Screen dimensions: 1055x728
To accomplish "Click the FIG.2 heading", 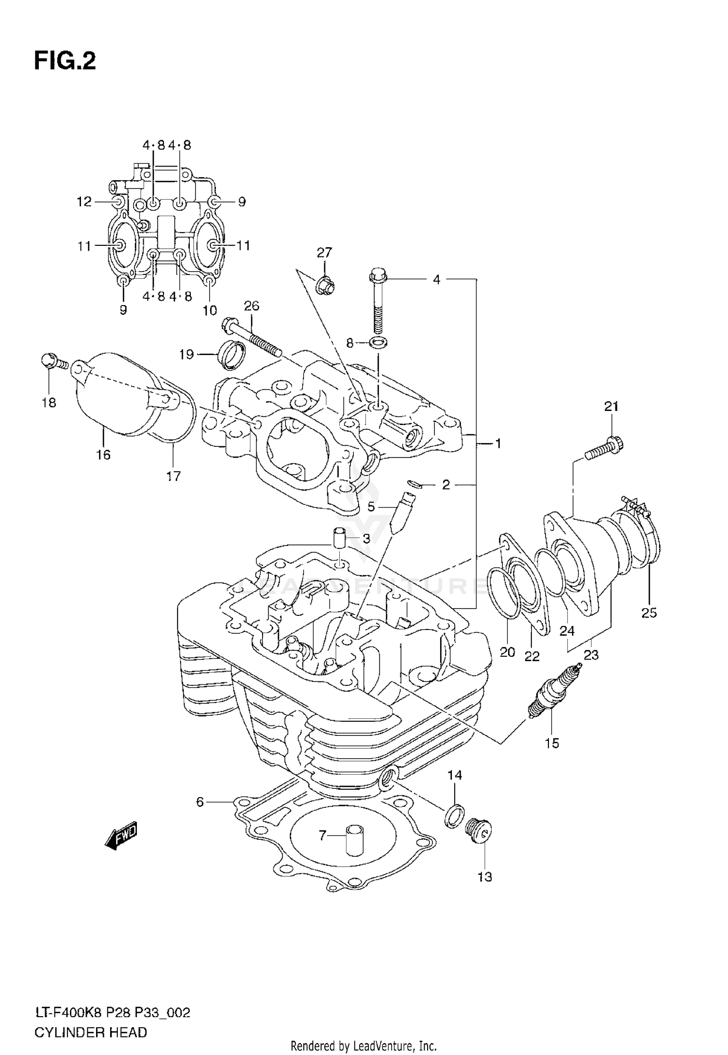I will pyautogui.click(x=65, y=62).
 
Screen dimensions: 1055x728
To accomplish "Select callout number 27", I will pyautogui.click(x=324, y=253).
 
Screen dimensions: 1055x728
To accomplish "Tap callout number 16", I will pyautogui.click(x=103, y=455).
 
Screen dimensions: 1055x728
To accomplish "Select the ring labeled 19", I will pyautogui.click(x=232, y=356).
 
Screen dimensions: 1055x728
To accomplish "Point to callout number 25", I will pyautogui.click(x=649, y=613).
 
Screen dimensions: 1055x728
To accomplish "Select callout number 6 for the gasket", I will pyautogui.click(x=200, y=802).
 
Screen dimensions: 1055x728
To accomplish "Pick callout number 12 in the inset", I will pyautogui.click(x=84, y=202).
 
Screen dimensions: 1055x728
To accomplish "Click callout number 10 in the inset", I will pyautogui.click(x=210, y=310).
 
